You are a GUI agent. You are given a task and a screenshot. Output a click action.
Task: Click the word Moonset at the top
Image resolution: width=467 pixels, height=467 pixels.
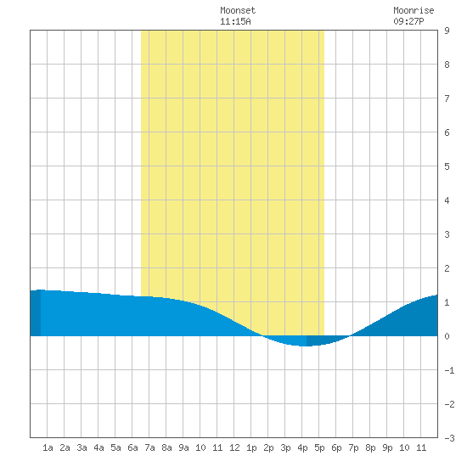pyautogui.click(x=238, y=10)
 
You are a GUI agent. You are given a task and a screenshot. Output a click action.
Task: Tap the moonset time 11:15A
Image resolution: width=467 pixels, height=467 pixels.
pyautogui.click(x=235, y=21)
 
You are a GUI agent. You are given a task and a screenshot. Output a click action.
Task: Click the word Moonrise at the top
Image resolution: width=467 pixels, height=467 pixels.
pyautogui.click(x=414, y=10)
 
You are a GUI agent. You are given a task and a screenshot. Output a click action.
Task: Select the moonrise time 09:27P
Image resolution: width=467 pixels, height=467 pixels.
pyautogui.click(x=408, y=21)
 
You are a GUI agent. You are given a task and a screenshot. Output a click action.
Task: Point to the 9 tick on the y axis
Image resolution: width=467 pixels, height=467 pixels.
pyautogui.click(x=447, y=31)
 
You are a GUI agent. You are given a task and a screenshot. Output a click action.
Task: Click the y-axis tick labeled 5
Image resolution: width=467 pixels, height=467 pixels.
pyautogui.click(x=447, y=166)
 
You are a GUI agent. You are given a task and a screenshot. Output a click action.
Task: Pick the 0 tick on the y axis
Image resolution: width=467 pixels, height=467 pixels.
pyautogui.click(x=447, y=336)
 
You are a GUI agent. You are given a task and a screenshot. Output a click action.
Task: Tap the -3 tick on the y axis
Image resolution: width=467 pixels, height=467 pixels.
pyautogui.click(x=449, y=438)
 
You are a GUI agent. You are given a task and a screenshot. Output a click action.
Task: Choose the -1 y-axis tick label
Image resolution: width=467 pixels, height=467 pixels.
pyautogui.click(x=449, y=370)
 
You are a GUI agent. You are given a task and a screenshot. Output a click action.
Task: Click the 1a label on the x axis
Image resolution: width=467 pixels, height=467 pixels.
pyautogui.click(x=48, y=447)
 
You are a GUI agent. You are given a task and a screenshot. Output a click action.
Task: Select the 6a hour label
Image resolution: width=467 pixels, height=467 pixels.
pyautogui.click(x=132, y=447)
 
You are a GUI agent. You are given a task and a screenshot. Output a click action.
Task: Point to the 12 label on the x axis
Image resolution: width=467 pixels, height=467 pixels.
pyautogui.click(x=234, y=447)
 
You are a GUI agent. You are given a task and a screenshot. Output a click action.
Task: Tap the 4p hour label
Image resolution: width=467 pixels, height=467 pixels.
pyautogui.click(x=302, y=447)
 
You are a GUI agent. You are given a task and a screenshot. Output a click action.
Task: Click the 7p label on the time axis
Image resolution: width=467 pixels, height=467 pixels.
pyautogui.click(x=353, y=447)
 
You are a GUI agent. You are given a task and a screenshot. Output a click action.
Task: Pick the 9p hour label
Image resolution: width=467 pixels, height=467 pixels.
pyautogui.click(x=387, y=447)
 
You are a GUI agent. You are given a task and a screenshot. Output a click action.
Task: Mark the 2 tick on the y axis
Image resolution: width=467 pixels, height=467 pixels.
pyautogui.click(x=447, y=268)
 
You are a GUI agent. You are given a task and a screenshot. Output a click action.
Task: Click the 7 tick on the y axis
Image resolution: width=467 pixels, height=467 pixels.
pyautogui.click(x=447, y=98)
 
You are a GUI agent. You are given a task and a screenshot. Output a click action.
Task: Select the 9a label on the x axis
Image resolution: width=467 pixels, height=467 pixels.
pyautogui.click(x=183, y=447)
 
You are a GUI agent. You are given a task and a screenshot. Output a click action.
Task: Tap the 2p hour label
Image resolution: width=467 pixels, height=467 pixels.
pyautogui.click(x=268, y=447)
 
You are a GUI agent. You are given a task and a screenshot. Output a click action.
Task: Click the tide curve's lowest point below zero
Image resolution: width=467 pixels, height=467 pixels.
pyautogui.click(x=304, y=346)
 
